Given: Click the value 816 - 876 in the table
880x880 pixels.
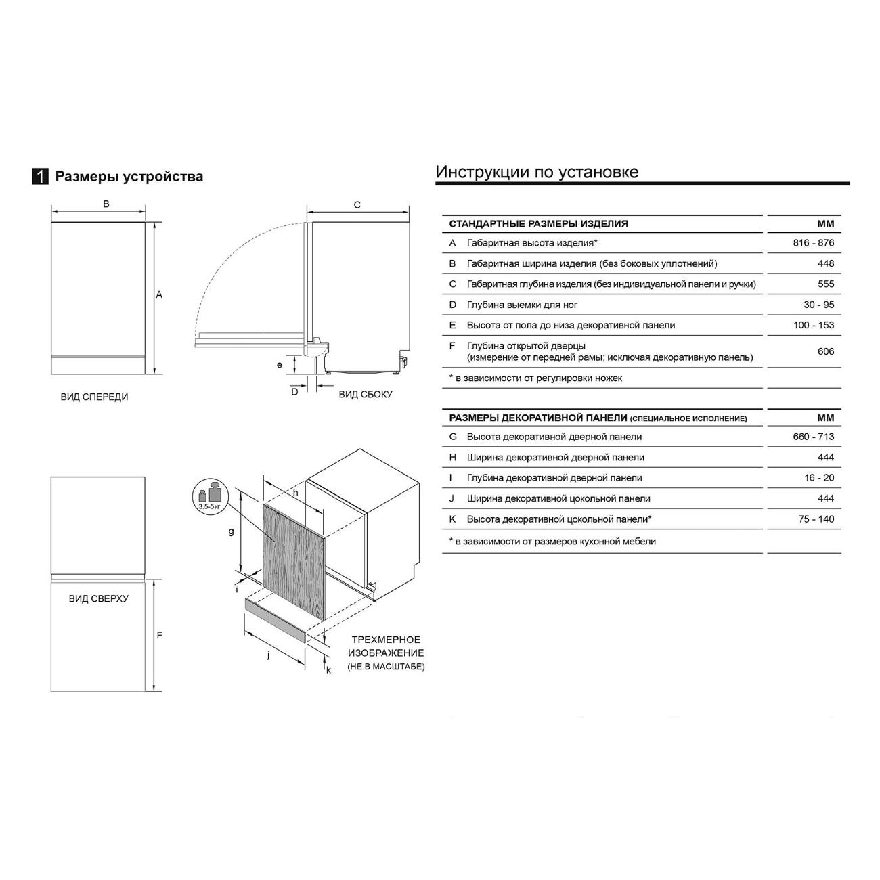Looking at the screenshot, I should [x=813, y=243].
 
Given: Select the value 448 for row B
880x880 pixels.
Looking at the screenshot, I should [x=825, y=263].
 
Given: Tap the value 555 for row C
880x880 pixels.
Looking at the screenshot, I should [x=825, y=284].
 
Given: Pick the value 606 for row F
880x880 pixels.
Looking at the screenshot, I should [x=825, y=351].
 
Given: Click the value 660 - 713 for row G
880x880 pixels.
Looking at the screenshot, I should [x=813, y=437].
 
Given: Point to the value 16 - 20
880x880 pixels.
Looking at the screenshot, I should [x=818, y=478].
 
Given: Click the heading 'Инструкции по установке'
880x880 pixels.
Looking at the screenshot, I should [x=537, y=172].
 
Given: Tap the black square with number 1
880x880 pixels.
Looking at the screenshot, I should [x=41, y=177].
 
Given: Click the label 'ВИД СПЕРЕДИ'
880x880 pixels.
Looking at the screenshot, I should [x=94, y=397].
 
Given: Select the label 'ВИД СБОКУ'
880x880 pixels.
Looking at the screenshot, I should [x=366, y=394].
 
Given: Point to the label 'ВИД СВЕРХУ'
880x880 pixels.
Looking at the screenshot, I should [x=98, y=599].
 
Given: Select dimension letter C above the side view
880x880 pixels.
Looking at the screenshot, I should [x=357, y=205].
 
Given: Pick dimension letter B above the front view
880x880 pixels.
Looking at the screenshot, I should [x=106, y=204].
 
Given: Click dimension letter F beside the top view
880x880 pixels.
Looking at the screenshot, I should [x=160, y=636].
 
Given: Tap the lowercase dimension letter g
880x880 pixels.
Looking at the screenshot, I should [x=231, y=532].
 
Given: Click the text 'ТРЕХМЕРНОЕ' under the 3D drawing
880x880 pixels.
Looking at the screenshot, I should [x=386, y=640].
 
